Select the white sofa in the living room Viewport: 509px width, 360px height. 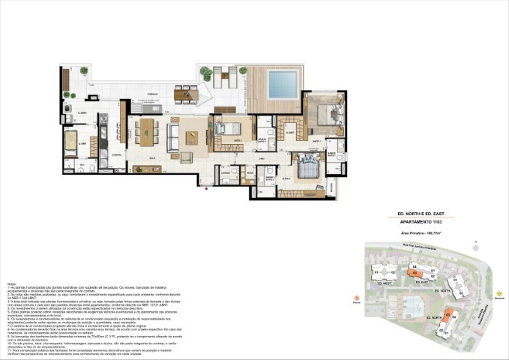pyautogui.click(x=174, y=136)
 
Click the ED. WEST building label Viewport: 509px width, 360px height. pyautogui.click(x=385, y=285)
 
